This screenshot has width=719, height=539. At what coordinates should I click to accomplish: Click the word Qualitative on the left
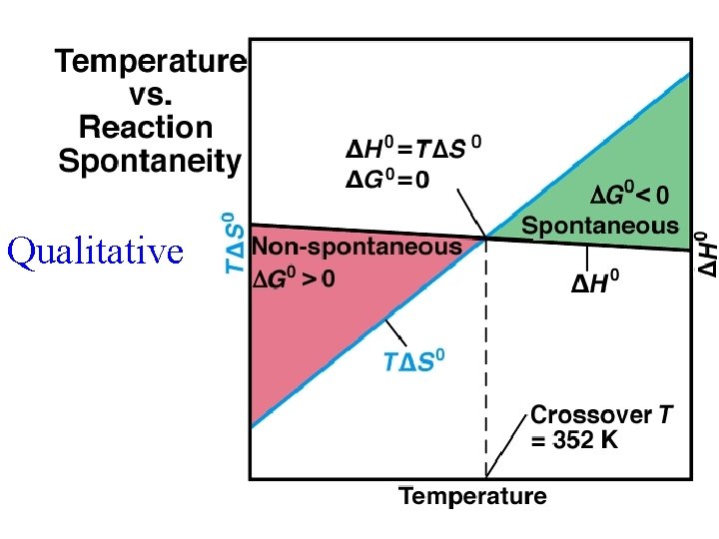(x=96, y=252)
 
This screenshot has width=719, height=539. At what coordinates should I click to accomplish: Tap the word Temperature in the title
(x=150, y=61)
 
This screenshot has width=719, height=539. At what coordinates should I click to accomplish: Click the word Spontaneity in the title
(x=150, y=160)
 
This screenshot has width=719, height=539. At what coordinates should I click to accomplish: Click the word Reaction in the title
(x=146, y=127)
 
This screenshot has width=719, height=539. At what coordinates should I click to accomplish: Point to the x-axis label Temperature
(x=473, y=496)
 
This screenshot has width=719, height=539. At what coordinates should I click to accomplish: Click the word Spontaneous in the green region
(x=600, y=226)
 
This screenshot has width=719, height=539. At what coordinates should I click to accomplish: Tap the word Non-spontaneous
(x=356, y=246)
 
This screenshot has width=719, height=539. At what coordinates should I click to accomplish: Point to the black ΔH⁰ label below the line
(x=595, y=284)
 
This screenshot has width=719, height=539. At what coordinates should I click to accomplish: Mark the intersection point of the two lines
(x=486, y=238)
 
